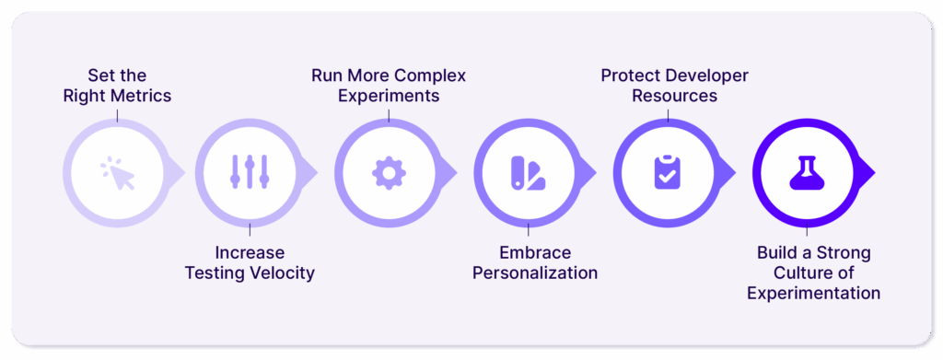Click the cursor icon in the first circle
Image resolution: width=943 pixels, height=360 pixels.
118,173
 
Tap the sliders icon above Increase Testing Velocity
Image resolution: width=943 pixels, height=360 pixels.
249,173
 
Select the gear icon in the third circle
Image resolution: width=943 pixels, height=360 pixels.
389,173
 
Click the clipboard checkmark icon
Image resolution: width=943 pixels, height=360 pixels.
667,173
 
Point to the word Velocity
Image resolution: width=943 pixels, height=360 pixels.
277,273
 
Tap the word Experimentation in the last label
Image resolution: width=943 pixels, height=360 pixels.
814,293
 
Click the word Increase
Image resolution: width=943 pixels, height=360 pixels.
250,252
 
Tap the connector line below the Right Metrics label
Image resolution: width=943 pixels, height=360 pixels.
118,114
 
